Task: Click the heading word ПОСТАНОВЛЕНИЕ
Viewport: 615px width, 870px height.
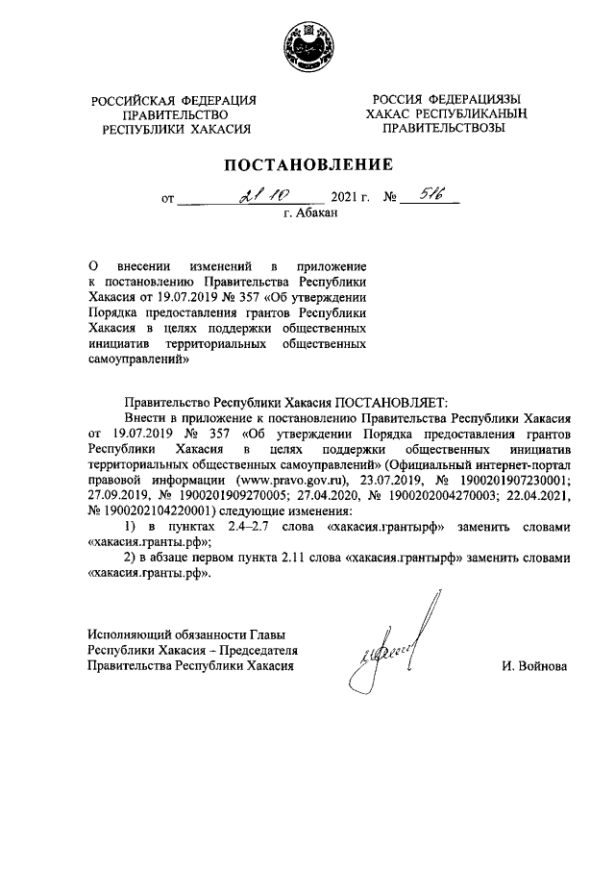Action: (x=307, y=164)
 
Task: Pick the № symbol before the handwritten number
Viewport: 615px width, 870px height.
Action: (x=390, y=201)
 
